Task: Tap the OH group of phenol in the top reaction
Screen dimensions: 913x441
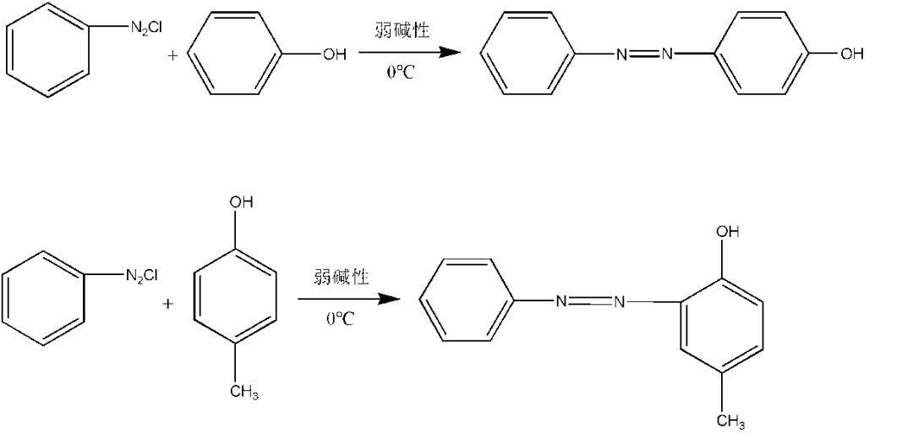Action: coord(334,55)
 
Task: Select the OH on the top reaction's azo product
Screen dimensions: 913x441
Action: coord(850,54)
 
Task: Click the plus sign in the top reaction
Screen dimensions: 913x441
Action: coord(172,55)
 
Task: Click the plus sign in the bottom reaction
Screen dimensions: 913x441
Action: coord(169,303)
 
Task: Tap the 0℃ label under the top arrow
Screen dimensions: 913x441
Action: coord(401,74)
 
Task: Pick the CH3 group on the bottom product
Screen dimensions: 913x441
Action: coord(730,420)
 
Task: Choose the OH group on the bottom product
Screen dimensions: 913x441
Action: coord(728,232)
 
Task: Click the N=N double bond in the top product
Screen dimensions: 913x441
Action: coord(644,54)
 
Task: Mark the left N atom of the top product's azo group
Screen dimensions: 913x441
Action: coord(621,55)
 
